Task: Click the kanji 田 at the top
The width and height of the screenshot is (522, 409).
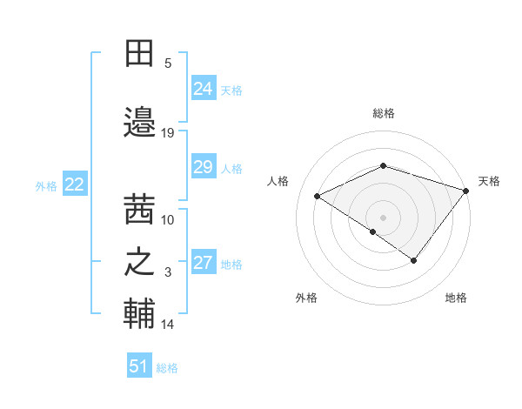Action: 140,54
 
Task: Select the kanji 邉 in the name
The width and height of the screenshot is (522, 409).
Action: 140,122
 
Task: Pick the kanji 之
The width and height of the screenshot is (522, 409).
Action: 140,263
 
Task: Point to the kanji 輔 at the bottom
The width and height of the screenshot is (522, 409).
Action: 140,315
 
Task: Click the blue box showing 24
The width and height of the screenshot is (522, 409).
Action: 204,89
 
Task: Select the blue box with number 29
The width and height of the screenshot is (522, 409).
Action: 204,168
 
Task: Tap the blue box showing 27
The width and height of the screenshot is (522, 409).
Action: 204,264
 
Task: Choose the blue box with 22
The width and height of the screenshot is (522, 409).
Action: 75,184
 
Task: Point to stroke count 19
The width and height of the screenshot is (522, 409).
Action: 168,133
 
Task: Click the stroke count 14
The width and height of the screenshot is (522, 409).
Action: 168,325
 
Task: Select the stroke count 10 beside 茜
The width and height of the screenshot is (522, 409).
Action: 168,219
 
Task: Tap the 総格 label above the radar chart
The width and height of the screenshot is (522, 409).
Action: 384,113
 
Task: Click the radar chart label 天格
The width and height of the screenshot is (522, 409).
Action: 489,181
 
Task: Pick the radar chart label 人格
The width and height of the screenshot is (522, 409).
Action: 278,181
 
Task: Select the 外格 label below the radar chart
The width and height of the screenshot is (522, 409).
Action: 306,298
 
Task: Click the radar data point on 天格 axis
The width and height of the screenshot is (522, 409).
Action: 466,190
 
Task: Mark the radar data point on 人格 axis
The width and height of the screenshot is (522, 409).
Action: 318,196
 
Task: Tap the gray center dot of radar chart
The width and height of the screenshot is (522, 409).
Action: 383,217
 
